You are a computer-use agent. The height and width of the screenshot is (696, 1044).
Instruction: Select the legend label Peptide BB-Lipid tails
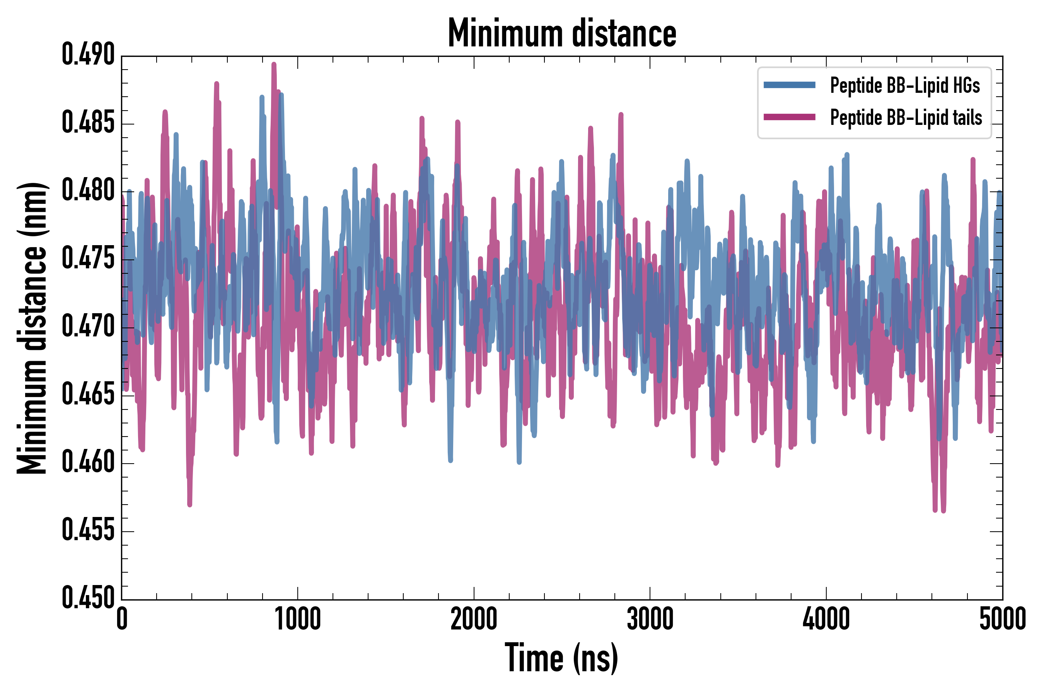[x=906, y=118]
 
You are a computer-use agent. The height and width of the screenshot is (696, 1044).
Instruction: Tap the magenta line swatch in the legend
[x=789, y=117]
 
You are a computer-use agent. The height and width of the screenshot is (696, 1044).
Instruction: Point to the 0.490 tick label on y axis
[x=88, y=55]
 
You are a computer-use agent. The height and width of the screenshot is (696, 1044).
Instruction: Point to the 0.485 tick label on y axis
[x=88, y=123]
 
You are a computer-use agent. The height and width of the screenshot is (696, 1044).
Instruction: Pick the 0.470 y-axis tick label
[x=88, y=327]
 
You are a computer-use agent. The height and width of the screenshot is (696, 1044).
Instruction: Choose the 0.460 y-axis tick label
[x=88, y=462]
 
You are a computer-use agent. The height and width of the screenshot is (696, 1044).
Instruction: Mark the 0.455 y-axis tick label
[x=88, y=531]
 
